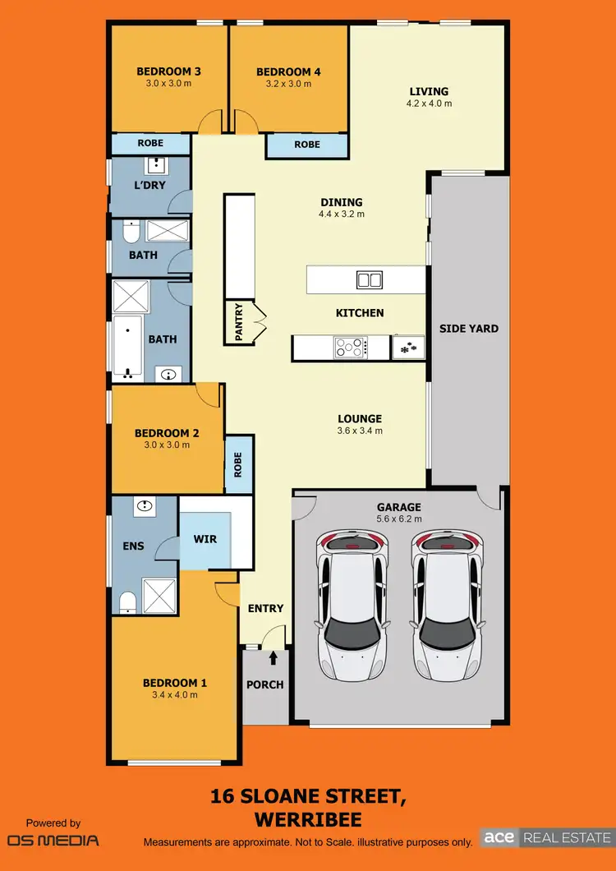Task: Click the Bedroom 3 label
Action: click(x=168, y=71)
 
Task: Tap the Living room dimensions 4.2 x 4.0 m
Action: click(x=429, y=104)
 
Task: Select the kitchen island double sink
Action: click(x=369, y=280)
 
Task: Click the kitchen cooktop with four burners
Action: click(x=351, y=348)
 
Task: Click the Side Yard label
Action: click(x=469, y=329)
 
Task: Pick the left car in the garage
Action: click(x=354, y=604)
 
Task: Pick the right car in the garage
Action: click(x=448, y=604)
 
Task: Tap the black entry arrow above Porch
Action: click(x=273, y=657)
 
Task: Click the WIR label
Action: click(x=205, y=539)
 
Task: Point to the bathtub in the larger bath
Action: click(x=127, y=345)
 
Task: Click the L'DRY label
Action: click(x=149, y=185)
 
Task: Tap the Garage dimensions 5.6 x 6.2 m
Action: click(x=398, y=518)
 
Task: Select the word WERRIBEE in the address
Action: click(x=309, y=820)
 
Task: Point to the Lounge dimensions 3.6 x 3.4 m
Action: click(x=360, y=430)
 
